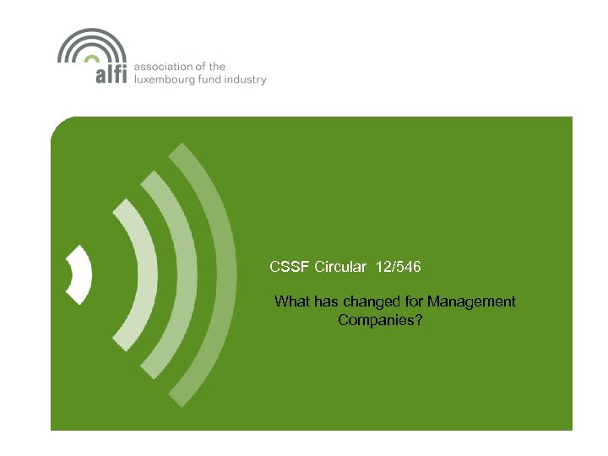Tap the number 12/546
click(396, 267)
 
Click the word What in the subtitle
click(292, 301)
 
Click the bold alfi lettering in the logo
click(110, 74)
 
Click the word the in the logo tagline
click(217, 67)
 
